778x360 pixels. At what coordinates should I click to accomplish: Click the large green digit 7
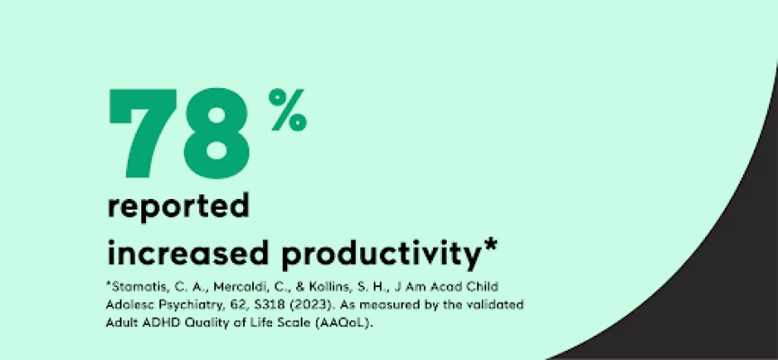click(141, 133)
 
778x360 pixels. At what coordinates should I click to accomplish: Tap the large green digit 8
click(216, 133)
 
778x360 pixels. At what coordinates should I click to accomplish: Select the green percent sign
click(288, 110)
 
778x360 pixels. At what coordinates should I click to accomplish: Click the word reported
click(178, 208)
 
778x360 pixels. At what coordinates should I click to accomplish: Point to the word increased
click(188, 252)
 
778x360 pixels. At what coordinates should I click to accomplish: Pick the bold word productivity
click(380, 254)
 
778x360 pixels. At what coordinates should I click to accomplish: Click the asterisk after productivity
click(489, 247)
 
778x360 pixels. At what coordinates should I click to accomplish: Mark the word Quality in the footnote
click(209, 322)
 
